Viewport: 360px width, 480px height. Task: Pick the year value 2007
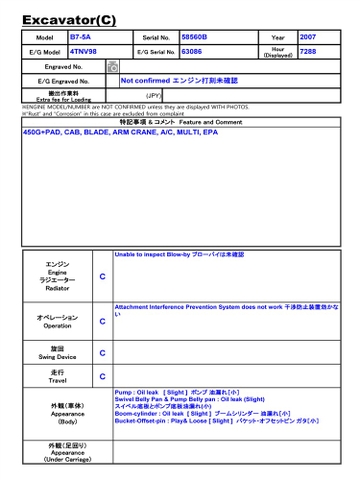[308, 37]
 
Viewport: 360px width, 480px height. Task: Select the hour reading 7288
[308, 50]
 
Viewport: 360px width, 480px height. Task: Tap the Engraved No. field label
[64, 66]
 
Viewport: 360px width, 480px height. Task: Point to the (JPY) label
[154, 96]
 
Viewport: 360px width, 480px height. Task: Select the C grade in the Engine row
[102, 276]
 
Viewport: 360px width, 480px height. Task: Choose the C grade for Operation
[102, 322]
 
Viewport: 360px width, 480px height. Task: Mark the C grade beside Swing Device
[102, 353]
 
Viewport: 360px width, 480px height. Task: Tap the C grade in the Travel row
[102, 377]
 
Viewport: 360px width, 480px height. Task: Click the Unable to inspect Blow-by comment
[180, 255]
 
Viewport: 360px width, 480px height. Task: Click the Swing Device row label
[57, 353]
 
